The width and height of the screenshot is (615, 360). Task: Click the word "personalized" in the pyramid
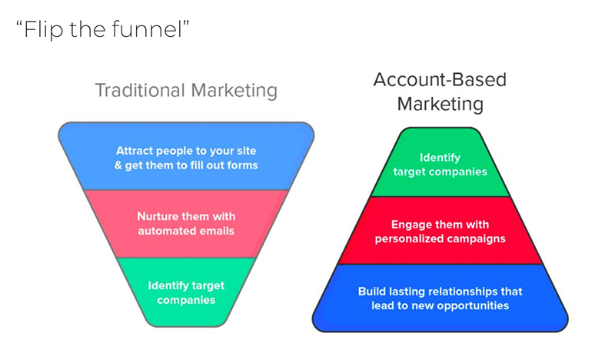[407, 239]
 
